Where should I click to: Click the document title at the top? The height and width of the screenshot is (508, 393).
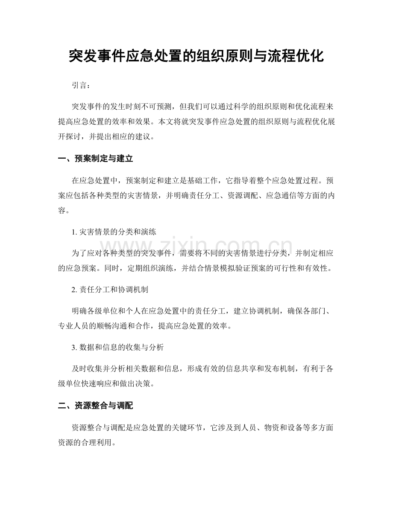tap(196, 56)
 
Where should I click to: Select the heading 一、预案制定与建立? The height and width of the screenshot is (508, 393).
tap(95, 159)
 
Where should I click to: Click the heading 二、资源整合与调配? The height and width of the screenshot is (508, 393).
tap(95, 406)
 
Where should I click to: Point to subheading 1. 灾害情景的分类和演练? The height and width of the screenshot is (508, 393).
tap(114, 233)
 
